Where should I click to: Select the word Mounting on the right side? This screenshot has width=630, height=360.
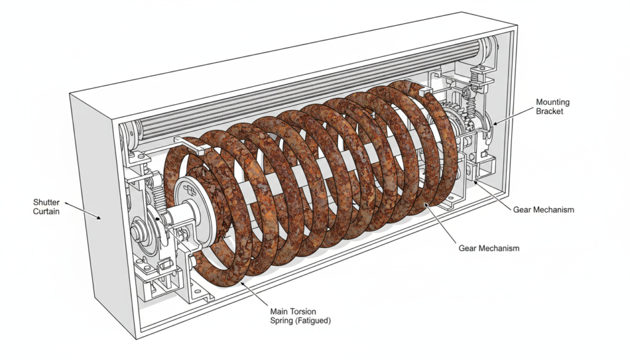coord(552,102)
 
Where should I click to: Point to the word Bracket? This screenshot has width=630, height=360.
coord(549,111)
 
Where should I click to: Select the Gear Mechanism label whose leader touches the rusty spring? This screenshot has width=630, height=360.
coord(489,248)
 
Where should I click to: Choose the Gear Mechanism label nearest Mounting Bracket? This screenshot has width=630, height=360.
coord(543,210)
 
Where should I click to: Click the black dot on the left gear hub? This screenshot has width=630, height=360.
coord(158,218)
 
